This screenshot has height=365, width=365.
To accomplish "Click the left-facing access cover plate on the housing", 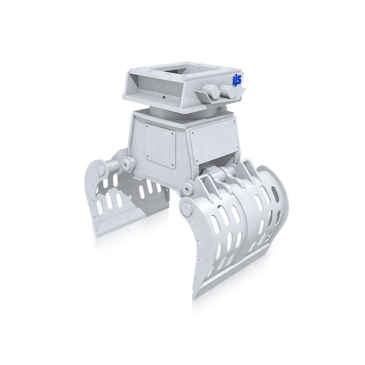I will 160,145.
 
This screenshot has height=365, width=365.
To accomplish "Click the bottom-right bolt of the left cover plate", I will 173,166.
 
